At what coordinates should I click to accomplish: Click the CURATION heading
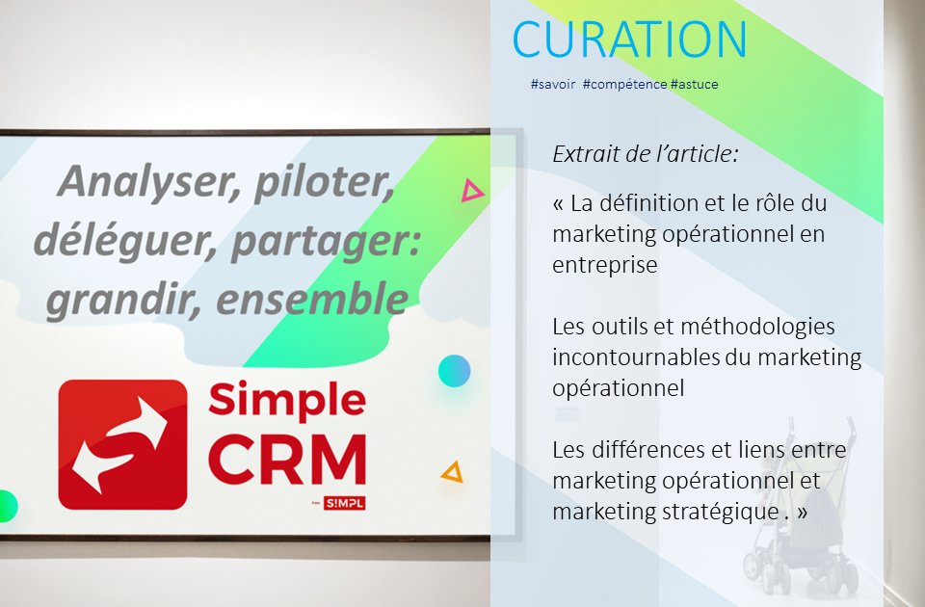tap(630, 40)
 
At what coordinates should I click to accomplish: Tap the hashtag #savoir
tap(552, 85)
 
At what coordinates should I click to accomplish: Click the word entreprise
tap(605, 265)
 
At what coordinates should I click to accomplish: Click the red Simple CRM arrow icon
tap(122, 443)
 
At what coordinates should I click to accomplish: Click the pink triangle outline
tap(471, 191)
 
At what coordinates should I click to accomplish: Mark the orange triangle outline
tap(451, 472)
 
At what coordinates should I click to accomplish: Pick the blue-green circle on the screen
tap(454, 370)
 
